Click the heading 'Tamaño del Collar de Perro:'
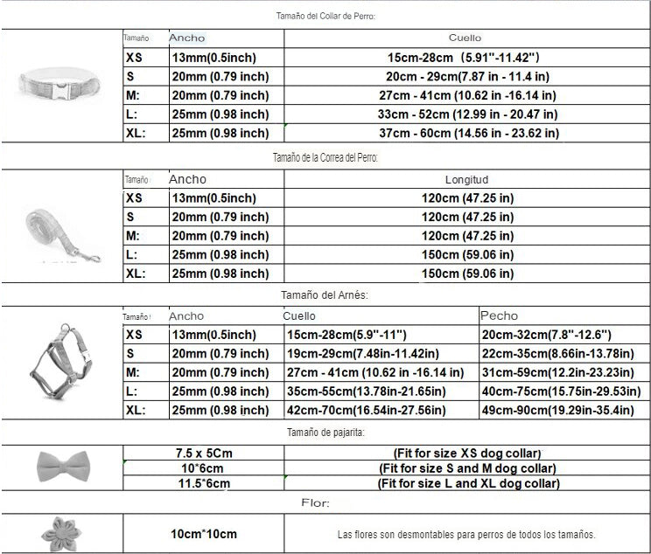tap(325, 15)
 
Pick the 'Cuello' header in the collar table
tap(465, 38)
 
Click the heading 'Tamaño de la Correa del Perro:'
tap(325, 157)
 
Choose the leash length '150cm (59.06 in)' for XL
tap(467, 274)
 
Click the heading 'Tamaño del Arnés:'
tap(325, 295)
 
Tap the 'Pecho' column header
tap(500, 315)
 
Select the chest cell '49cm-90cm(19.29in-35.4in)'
tap(560, 410)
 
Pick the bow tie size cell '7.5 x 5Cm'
tap(204, 453)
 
